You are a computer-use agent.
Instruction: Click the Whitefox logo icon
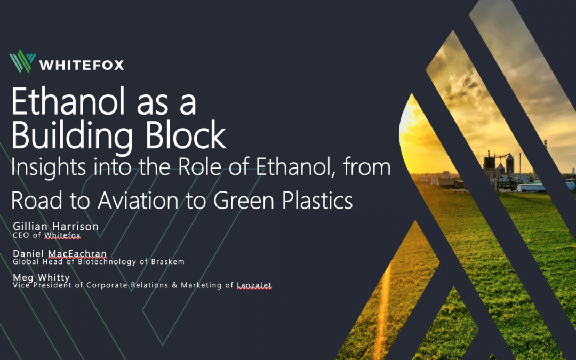click(x=22, y=61)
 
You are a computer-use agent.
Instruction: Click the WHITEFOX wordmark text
click(x=82, y=65)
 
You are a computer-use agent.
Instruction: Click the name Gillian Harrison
click(x=55, y=227)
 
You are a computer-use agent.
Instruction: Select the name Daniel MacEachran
click(x=60, y=254)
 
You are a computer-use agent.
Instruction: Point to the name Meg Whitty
click(x=42, y=278)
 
